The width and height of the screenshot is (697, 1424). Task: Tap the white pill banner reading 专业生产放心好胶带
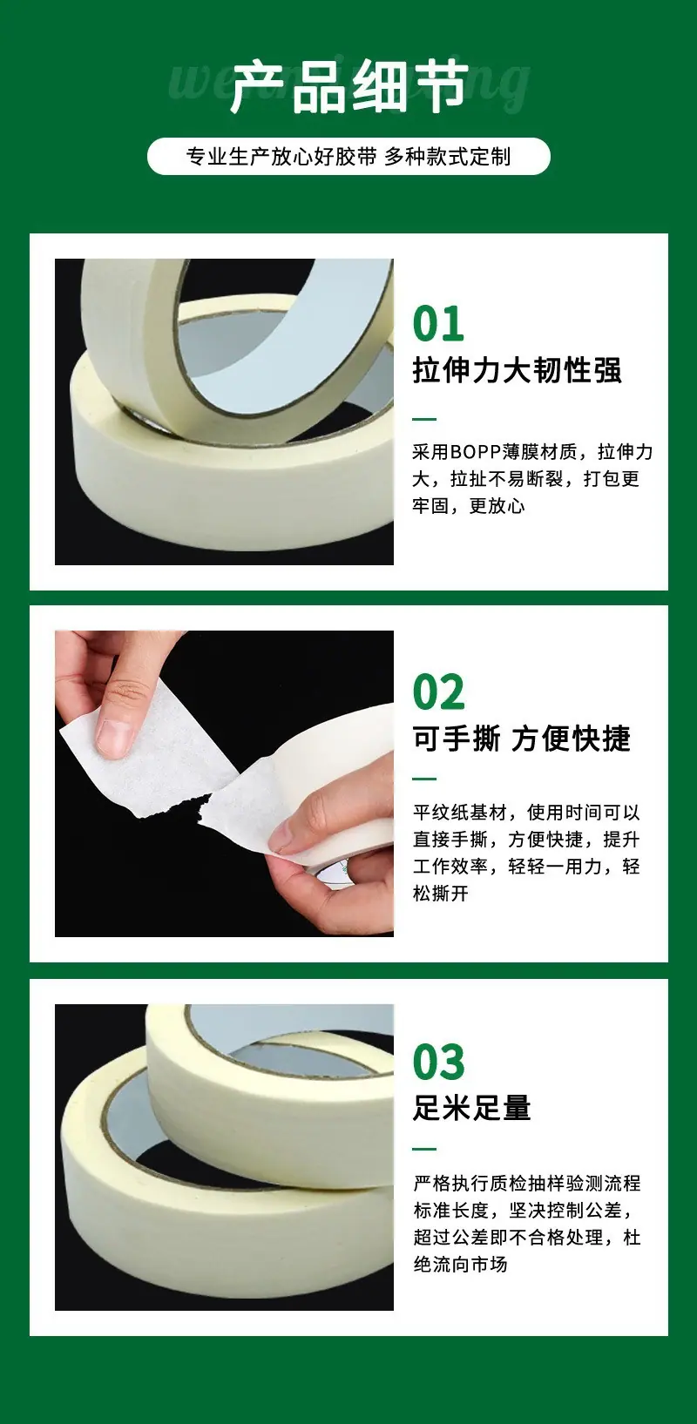pos(348,157)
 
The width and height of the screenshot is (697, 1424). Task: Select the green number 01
pos(438,324)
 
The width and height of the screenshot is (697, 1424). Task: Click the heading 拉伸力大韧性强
pos(517,370)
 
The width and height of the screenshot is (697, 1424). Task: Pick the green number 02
pos(439,692)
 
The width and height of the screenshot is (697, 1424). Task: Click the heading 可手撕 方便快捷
pos(522,738)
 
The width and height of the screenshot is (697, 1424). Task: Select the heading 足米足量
pos(472,1108)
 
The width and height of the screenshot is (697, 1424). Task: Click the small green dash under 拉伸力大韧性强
pos(424,419)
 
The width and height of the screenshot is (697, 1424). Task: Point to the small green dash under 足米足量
pos(424,1149)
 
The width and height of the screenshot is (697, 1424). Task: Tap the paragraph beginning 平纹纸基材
pos(526,853)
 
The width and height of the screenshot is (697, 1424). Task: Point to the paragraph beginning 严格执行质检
pos(526,1223)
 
